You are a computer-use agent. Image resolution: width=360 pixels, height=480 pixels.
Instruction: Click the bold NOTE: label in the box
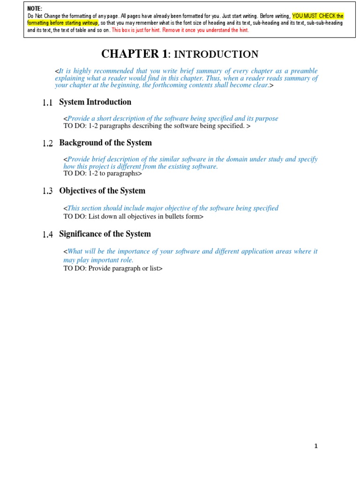point(35,9)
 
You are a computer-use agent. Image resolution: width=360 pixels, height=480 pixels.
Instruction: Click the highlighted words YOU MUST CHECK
point(314,16)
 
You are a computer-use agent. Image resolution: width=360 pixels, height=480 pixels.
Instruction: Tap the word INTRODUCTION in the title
point(216,54)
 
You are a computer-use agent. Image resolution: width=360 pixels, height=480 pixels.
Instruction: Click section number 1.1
point(47,103)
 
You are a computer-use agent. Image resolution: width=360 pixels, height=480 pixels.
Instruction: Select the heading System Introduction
point(95,102)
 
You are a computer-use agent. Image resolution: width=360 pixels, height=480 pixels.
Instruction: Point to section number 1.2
point(47,143)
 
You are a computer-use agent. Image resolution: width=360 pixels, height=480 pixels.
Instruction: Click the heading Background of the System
point(105,143)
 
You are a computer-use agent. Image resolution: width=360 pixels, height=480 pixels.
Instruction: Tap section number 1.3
point(47,191)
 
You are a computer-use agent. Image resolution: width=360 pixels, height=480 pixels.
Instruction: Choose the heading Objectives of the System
point(102,191)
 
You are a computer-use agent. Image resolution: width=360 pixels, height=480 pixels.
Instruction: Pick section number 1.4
point(47,234)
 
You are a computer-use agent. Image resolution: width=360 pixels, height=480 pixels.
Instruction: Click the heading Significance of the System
point(105,234)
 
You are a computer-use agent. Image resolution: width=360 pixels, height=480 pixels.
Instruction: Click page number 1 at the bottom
point(316,446)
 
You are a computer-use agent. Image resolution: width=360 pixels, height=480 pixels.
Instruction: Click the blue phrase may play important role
point(98,260)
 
